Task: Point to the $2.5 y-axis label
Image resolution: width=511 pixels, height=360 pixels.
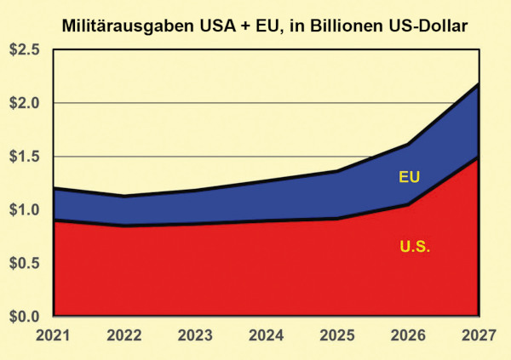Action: tap(24, 50)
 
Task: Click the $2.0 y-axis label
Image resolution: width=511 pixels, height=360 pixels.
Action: tap(24, 104)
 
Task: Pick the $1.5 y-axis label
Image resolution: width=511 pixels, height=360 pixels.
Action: tap(24, 157)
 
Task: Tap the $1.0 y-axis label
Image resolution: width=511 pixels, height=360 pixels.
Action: tap(24, 210)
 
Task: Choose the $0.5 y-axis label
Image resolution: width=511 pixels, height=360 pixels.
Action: tap(24, 263)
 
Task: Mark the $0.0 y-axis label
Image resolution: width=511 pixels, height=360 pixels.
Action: tap(24, 317)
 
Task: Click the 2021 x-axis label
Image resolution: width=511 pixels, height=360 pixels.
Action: tap(53, 335)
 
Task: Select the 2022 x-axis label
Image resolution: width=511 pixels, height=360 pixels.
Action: tap(123, 335)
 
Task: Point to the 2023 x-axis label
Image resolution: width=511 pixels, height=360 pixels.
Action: tap(194, 335)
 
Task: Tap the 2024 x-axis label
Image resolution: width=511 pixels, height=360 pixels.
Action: tap(265, 335)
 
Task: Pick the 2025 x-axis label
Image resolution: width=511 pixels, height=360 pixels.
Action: tap(336, 335)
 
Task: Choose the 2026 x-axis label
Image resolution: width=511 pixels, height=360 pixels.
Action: tap(407, 335)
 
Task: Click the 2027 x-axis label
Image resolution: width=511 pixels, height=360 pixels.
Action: tap(478, 335)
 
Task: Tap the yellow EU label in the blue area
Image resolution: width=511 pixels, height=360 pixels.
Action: tap(411, 178)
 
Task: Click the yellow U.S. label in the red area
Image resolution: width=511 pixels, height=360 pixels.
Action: tap(415, 248)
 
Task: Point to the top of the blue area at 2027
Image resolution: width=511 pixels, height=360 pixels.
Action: tap(478, 84)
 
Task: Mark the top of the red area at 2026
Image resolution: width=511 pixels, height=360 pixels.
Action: tap(407, 204)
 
